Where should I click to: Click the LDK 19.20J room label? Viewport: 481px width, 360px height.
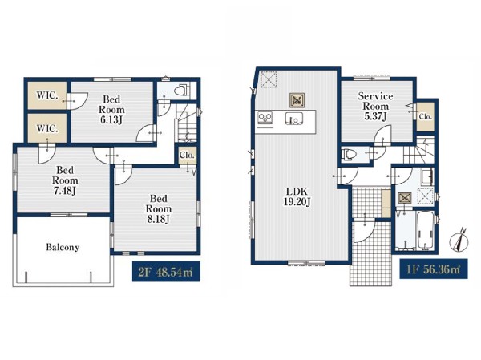297,196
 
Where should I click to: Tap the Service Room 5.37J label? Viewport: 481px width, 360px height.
375,106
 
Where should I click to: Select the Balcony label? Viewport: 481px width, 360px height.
63,247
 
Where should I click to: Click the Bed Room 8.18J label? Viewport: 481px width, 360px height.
158,208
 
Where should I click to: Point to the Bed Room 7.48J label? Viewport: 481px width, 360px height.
65,180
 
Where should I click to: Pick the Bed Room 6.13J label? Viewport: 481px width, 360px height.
111,109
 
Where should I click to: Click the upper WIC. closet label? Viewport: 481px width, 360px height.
47,95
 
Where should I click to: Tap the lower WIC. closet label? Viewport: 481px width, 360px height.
47,128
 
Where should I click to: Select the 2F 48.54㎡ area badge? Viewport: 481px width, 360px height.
166,271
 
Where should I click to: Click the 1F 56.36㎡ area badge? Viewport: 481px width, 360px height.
434,269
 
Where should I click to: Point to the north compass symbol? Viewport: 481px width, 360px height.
459,240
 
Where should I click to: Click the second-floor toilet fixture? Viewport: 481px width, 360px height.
182,91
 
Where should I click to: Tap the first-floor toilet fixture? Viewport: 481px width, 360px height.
349,154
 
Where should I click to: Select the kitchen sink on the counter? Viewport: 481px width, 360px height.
294,119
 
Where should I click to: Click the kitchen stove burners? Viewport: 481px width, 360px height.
265,118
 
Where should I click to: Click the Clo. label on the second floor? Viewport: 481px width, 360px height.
187,156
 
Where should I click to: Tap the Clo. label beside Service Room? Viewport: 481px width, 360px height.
426,116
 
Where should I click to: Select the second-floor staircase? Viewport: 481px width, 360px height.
185,123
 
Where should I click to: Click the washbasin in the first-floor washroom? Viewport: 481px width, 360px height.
427,177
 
